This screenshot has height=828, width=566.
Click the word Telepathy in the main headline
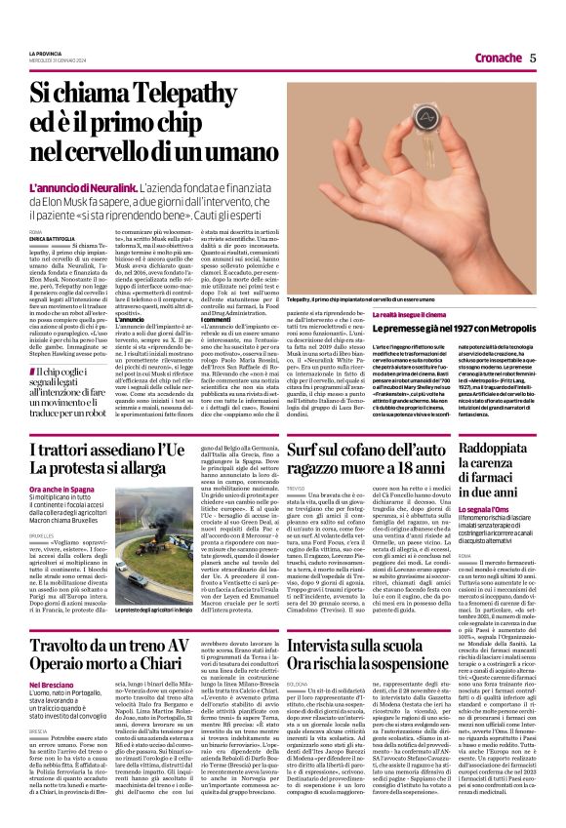[x=197, y=94]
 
